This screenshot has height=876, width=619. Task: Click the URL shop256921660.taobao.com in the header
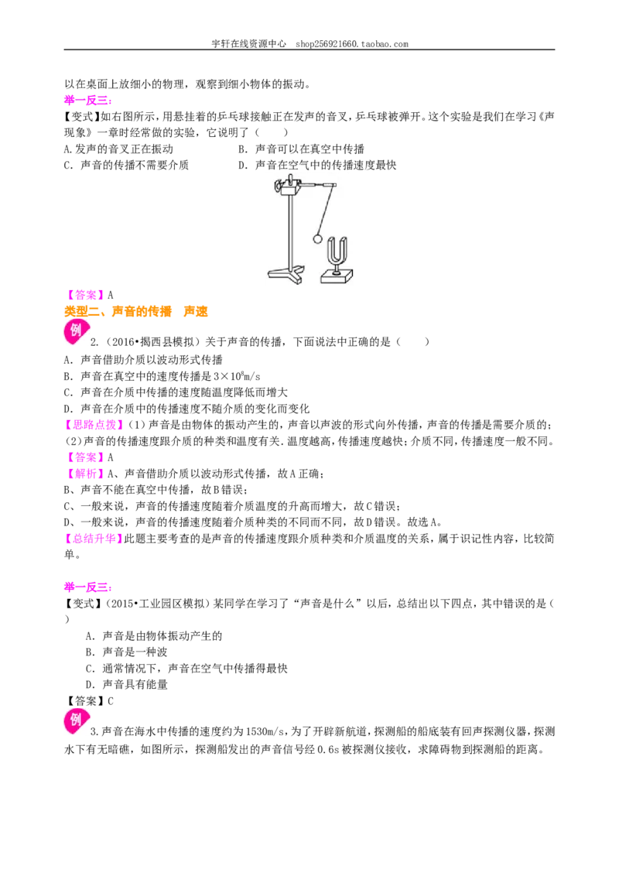click(352, 43)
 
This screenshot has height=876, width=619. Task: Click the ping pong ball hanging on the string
click(317, 239)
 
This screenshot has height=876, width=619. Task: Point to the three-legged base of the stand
click(286, 272)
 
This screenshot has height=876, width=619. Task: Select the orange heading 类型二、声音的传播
click(118, 312)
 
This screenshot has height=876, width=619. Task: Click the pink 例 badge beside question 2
click(76, 330)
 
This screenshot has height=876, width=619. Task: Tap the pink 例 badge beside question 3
click(76, 720)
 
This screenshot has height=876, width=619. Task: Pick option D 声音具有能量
click(127, 684)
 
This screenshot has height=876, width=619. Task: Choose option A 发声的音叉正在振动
click(119, 149)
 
